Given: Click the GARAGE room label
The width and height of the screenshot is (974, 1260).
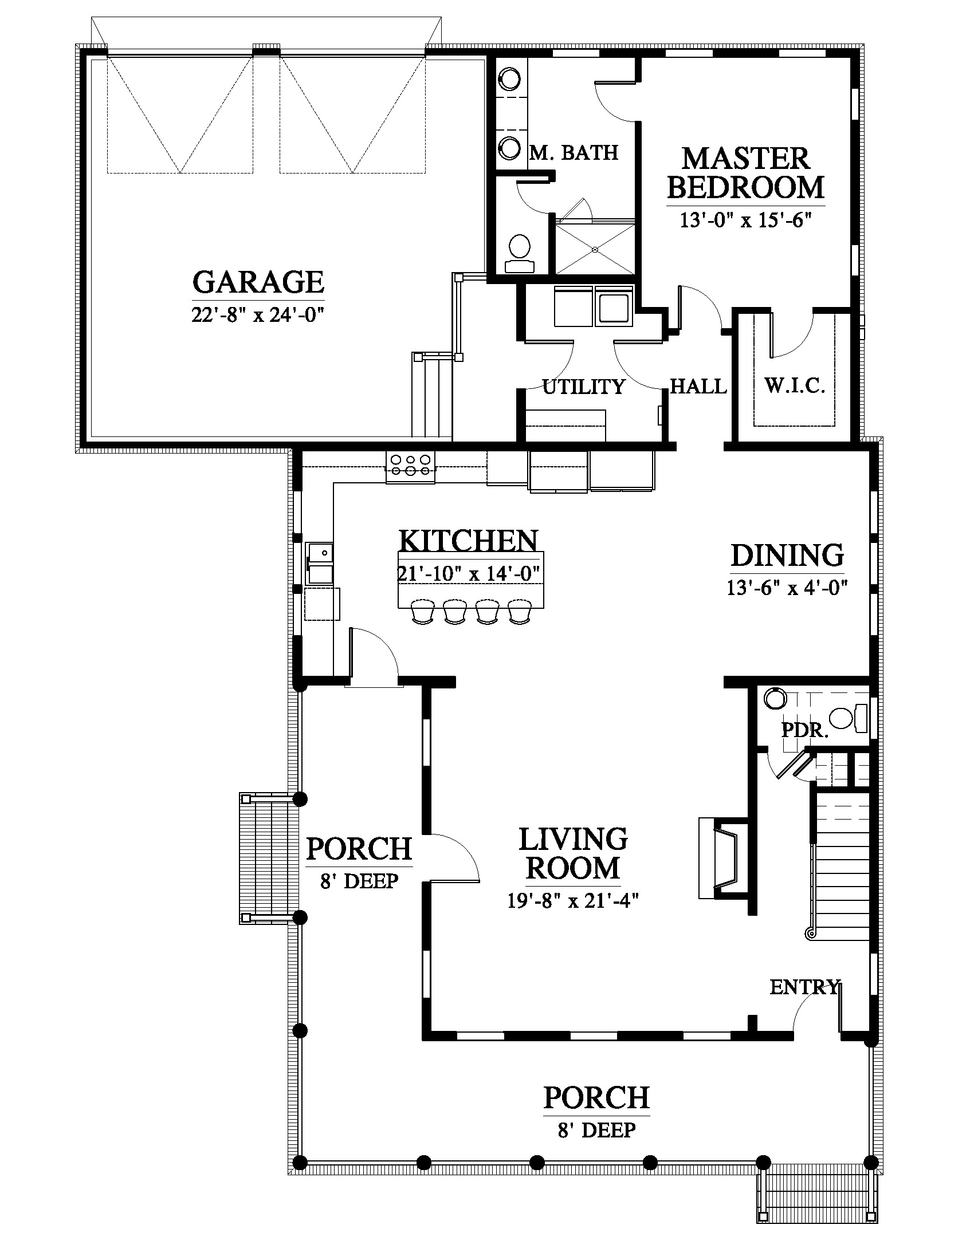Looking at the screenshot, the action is click(258, 282).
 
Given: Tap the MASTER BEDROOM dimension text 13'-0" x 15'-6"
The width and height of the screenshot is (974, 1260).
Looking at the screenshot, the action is click(745, 220).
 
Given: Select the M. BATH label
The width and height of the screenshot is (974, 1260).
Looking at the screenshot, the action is click(574, 152).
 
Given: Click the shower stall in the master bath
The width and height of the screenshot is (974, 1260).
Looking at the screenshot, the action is click(594, 248).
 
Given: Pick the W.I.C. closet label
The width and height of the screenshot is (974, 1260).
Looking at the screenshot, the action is click(795, 385).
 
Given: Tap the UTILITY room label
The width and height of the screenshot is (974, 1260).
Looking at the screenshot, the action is click(583, 387).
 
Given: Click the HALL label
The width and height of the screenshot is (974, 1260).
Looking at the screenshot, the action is click(698, 386).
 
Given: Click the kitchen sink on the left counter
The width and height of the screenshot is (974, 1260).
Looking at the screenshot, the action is click(319, 562).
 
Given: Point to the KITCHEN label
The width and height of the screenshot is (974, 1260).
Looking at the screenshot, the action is click(468, 541).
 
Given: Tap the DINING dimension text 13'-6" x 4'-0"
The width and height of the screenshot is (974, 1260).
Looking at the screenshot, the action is click(787, 588).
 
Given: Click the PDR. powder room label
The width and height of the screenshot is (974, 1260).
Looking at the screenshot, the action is click(805, 730).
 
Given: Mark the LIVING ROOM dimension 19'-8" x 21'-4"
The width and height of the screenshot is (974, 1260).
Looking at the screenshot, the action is click(573, 900).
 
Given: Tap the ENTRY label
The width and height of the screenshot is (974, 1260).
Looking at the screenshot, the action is click(804, 987).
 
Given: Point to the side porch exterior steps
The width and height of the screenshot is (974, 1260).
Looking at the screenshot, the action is click(269, 858).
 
